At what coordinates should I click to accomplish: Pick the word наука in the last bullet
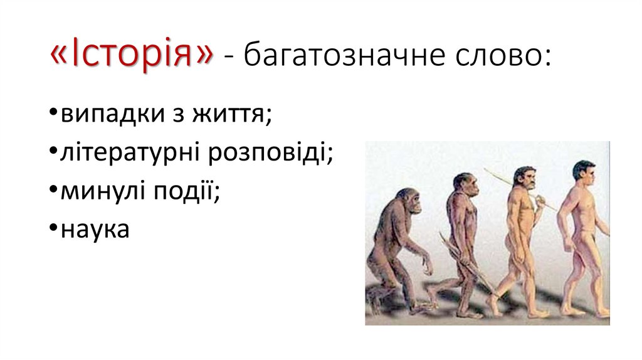click(95, 229)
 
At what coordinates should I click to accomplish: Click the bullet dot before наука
click(53, 230)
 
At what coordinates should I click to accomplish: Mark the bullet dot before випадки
click(53, 115)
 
